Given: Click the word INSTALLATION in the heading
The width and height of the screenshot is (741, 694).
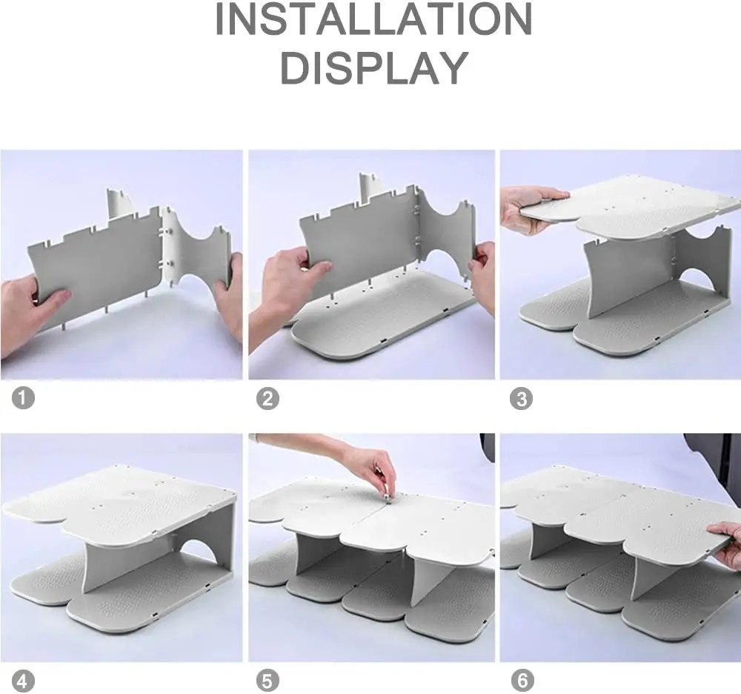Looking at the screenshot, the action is point(373,19).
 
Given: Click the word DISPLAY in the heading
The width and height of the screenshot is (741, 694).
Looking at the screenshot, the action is point(374,67).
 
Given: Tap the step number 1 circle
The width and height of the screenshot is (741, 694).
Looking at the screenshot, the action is point(23,397).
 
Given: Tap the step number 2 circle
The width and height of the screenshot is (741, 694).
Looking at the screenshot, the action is point(268,398).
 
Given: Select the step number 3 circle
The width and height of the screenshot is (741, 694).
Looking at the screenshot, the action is point(521,398).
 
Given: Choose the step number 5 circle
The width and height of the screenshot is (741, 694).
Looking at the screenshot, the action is point(268,681).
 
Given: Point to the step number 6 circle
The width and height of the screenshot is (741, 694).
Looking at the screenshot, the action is point(522,681).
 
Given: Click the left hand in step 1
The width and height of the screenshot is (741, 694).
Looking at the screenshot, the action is point(28,312).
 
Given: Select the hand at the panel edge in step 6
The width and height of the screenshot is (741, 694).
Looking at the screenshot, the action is point(725,543).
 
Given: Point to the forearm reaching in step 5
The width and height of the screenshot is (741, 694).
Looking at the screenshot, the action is point(302,443).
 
